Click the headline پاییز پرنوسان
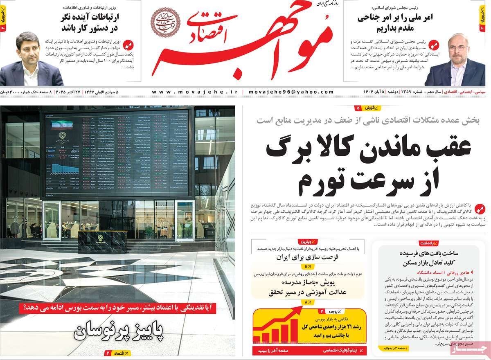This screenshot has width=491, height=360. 118,331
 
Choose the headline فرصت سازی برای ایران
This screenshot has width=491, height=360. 308,258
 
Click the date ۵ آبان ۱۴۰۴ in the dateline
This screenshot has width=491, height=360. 377,92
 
